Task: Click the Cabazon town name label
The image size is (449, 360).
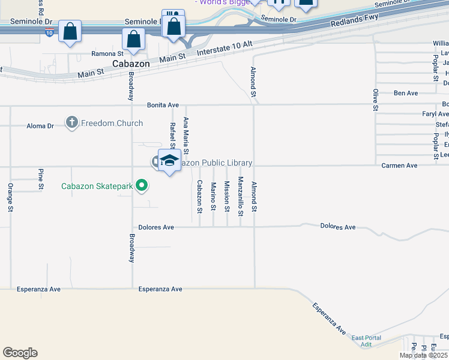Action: click(x=131, y=64)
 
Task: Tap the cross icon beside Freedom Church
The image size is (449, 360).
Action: click(x=72, y=123)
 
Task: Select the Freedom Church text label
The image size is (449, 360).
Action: click(x=112, y=124)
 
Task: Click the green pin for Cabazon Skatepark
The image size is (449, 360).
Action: click(x=141, y=185)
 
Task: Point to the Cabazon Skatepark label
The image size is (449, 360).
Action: click(x=97, y=186)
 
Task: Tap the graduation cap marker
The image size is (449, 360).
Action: click(x=170, y=160)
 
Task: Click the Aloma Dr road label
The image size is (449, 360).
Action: click(x=40, y=126)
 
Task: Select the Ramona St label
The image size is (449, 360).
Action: click(x=107, y=53)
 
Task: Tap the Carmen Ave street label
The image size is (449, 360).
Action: click(x=399, y=165)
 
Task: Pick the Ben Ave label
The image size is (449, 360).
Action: click(x=405, y=93)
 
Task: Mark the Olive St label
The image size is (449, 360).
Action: click(x=375, y=100)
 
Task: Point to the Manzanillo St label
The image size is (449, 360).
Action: click(x=240, y=196)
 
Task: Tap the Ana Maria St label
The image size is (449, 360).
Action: click(x=186, y=135)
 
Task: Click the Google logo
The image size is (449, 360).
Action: click(x=20, y=353)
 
